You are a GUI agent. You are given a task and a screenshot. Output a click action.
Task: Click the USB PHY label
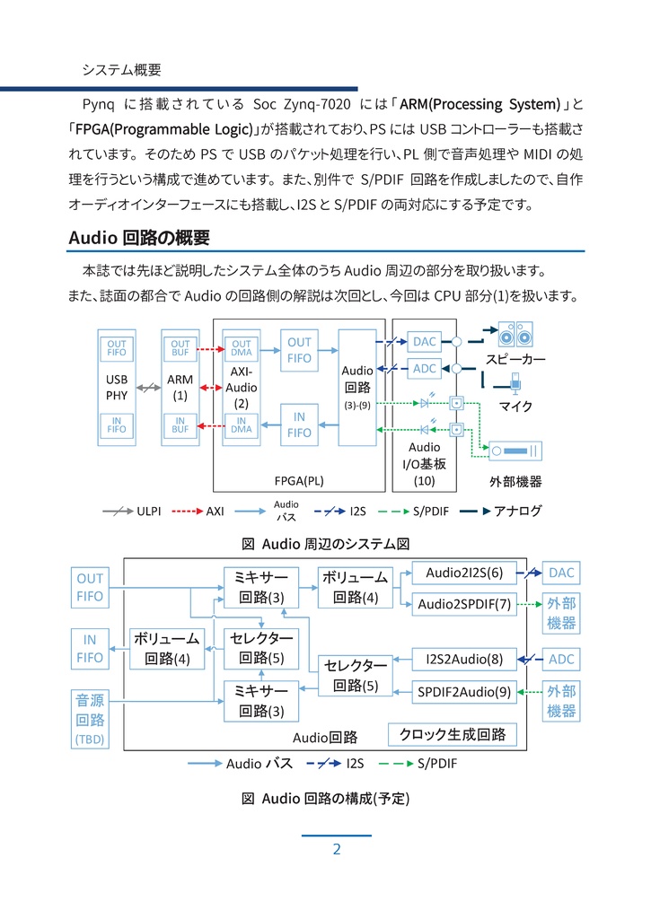pyautogui.click(x=117, y=387)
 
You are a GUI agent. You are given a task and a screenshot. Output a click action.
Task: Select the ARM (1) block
pyautogui.click(x=180, y=387)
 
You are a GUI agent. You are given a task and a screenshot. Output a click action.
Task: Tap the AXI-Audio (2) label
pyautogui.click(x=241, y=387)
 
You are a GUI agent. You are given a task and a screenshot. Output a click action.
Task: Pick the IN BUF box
pyautogui.click(x=180, y=425)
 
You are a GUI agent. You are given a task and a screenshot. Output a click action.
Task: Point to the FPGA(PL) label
pyautogui.click(x=299, y=481)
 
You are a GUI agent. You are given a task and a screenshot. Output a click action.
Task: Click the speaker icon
pyautogui.click(x=515, y=335)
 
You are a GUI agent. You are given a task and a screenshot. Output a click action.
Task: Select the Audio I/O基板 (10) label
pyautogui.click(x=424, y=464)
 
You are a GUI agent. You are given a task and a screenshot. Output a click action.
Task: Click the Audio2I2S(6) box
pyautogui.click(x=464, y=573)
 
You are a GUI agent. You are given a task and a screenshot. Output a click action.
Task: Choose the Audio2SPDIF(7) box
pyautogui.click(x=464, y=604)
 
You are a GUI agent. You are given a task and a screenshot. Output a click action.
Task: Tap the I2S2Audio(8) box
pyautogui.click(x=464, y=660)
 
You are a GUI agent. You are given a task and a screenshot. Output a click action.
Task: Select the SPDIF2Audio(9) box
pyautogui.click(x=464, y=691)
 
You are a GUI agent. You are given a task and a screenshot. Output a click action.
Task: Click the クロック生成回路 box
pyautogui.click(x=453, y=734)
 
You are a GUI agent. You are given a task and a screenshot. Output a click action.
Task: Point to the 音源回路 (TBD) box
pyautogui.click(x=91, y=719)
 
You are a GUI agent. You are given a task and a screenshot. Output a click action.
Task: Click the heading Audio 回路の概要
pyautogui.click(x=139, y=238)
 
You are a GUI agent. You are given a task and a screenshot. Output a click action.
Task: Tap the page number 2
pyautogui.click(x=336, y=850)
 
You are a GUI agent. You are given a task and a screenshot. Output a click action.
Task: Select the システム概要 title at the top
pyautogui.click(x=121, y=69)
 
